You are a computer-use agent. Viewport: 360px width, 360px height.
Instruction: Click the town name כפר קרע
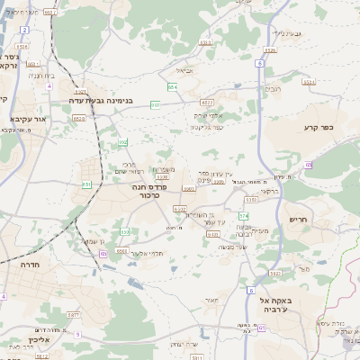click(319, 129)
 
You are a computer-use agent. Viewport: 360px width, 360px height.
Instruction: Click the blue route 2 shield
click(23, 30)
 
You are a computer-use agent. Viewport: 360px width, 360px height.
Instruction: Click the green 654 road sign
click(171, 87)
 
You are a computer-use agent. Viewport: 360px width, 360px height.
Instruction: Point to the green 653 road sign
click(156, 104)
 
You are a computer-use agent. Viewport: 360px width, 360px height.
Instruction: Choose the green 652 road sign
click(123, 141)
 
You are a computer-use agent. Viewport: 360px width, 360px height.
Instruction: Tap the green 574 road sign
click(243, 216)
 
